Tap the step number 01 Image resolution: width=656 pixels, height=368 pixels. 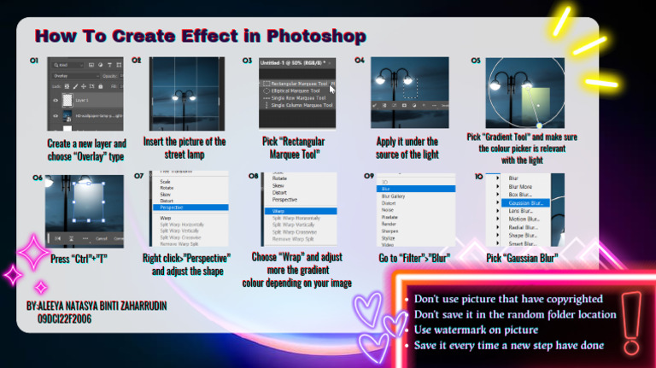[35, 61]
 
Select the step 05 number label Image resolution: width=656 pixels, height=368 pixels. [477, 61]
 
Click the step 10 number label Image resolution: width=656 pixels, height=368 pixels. [477, 176]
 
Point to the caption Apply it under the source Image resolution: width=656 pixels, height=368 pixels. [407, 148]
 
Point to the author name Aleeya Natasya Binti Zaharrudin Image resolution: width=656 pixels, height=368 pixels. [97, 305]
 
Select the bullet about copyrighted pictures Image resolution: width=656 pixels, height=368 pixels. [508, 299]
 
